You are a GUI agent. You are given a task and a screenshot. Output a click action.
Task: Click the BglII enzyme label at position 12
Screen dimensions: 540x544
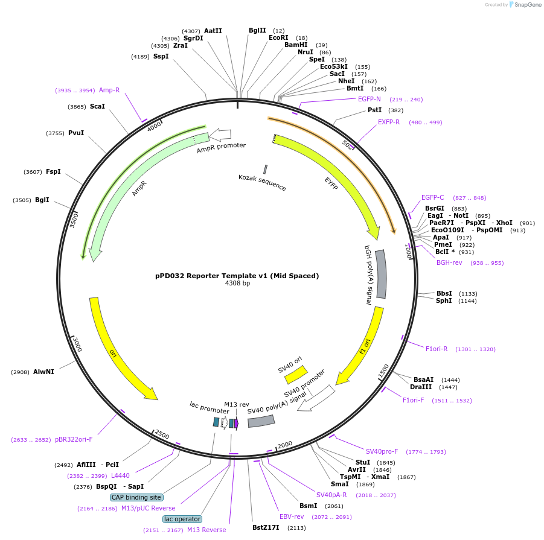click(x=257, y=30)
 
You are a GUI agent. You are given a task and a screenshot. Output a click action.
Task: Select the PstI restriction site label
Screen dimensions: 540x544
click(x=375, y=110)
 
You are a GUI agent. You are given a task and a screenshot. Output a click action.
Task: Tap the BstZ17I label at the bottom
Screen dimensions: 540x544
click(x=266, y=527)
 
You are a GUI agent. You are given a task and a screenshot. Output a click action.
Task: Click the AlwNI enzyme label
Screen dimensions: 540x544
click(x=43, y=372)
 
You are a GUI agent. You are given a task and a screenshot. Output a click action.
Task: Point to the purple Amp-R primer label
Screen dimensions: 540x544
click(x=109, y=90)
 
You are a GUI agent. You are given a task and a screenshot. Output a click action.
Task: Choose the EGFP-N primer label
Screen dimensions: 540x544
click(x=369, y=99)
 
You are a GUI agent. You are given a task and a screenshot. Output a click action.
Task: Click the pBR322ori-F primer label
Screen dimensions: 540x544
click(x=74, y=439)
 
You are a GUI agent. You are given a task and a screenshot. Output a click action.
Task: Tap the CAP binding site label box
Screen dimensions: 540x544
click(x=136, y=497)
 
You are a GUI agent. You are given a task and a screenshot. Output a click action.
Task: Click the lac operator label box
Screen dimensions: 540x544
click(x=182, y=519)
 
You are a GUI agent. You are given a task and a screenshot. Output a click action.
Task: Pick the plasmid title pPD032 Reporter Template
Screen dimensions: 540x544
click(x=237, y=276)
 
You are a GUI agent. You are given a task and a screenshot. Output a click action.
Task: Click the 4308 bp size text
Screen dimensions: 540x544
click(x=237, y=283)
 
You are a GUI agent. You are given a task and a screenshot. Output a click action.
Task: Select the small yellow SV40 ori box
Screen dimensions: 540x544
click(x=296, y=375)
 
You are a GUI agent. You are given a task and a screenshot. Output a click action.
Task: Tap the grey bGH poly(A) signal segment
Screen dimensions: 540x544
click(x=381, y=274)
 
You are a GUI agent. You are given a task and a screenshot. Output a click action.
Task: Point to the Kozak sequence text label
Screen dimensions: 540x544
click(x=262, y=182)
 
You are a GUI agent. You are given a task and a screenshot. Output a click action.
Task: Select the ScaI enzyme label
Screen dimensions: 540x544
click(x=97, y=106)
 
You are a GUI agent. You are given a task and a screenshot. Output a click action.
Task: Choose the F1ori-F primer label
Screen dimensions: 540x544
click(x=414, y=400)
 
